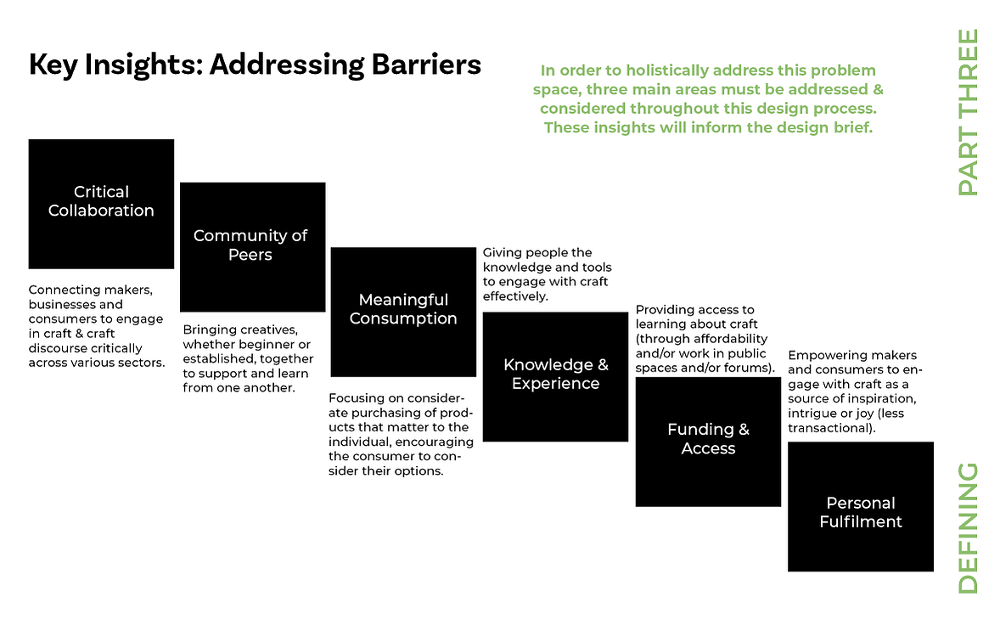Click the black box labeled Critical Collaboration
[x=101, y=204]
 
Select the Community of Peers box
[x=253, y=247]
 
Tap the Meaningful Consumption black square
[x=404, y=312]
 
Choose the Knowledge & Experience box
[x=555, y=377]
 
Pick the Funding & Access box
[x=708, y=442]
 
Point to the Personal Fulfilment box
[x=860, y=506]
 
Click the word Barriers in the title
[x=426, y=65]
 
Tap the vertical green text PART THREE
[x=968, y=112]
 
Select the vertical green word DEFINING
[x=968, y=528]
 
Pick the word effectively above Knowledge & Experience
[x=515, y=296]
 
